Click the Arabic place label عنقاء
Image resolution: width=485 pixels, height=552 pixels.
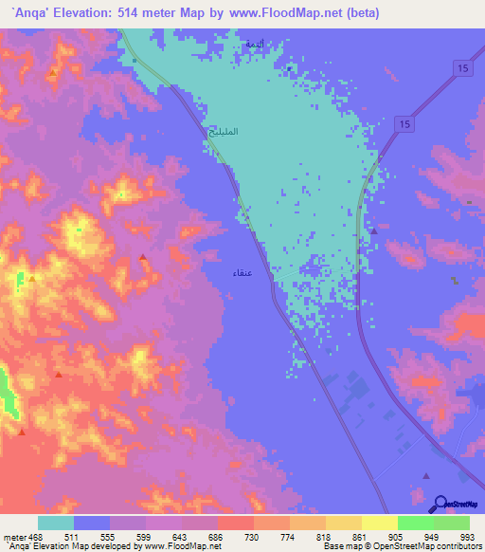(x=242, y=272)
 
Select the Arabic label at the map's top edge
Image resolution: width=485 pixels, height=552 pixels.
(x=254, y=45)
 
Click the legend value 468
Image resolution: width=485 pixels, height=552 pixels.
(x=29, y=536)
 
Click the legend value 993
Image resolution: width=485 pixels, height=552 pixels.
(x=468, y=536)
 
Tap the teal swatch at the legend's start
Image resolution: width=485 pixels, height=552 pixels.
(x=56, y=523)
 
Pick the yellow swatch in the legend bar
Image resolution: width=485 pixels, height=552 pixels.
(x=379, y=523)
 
